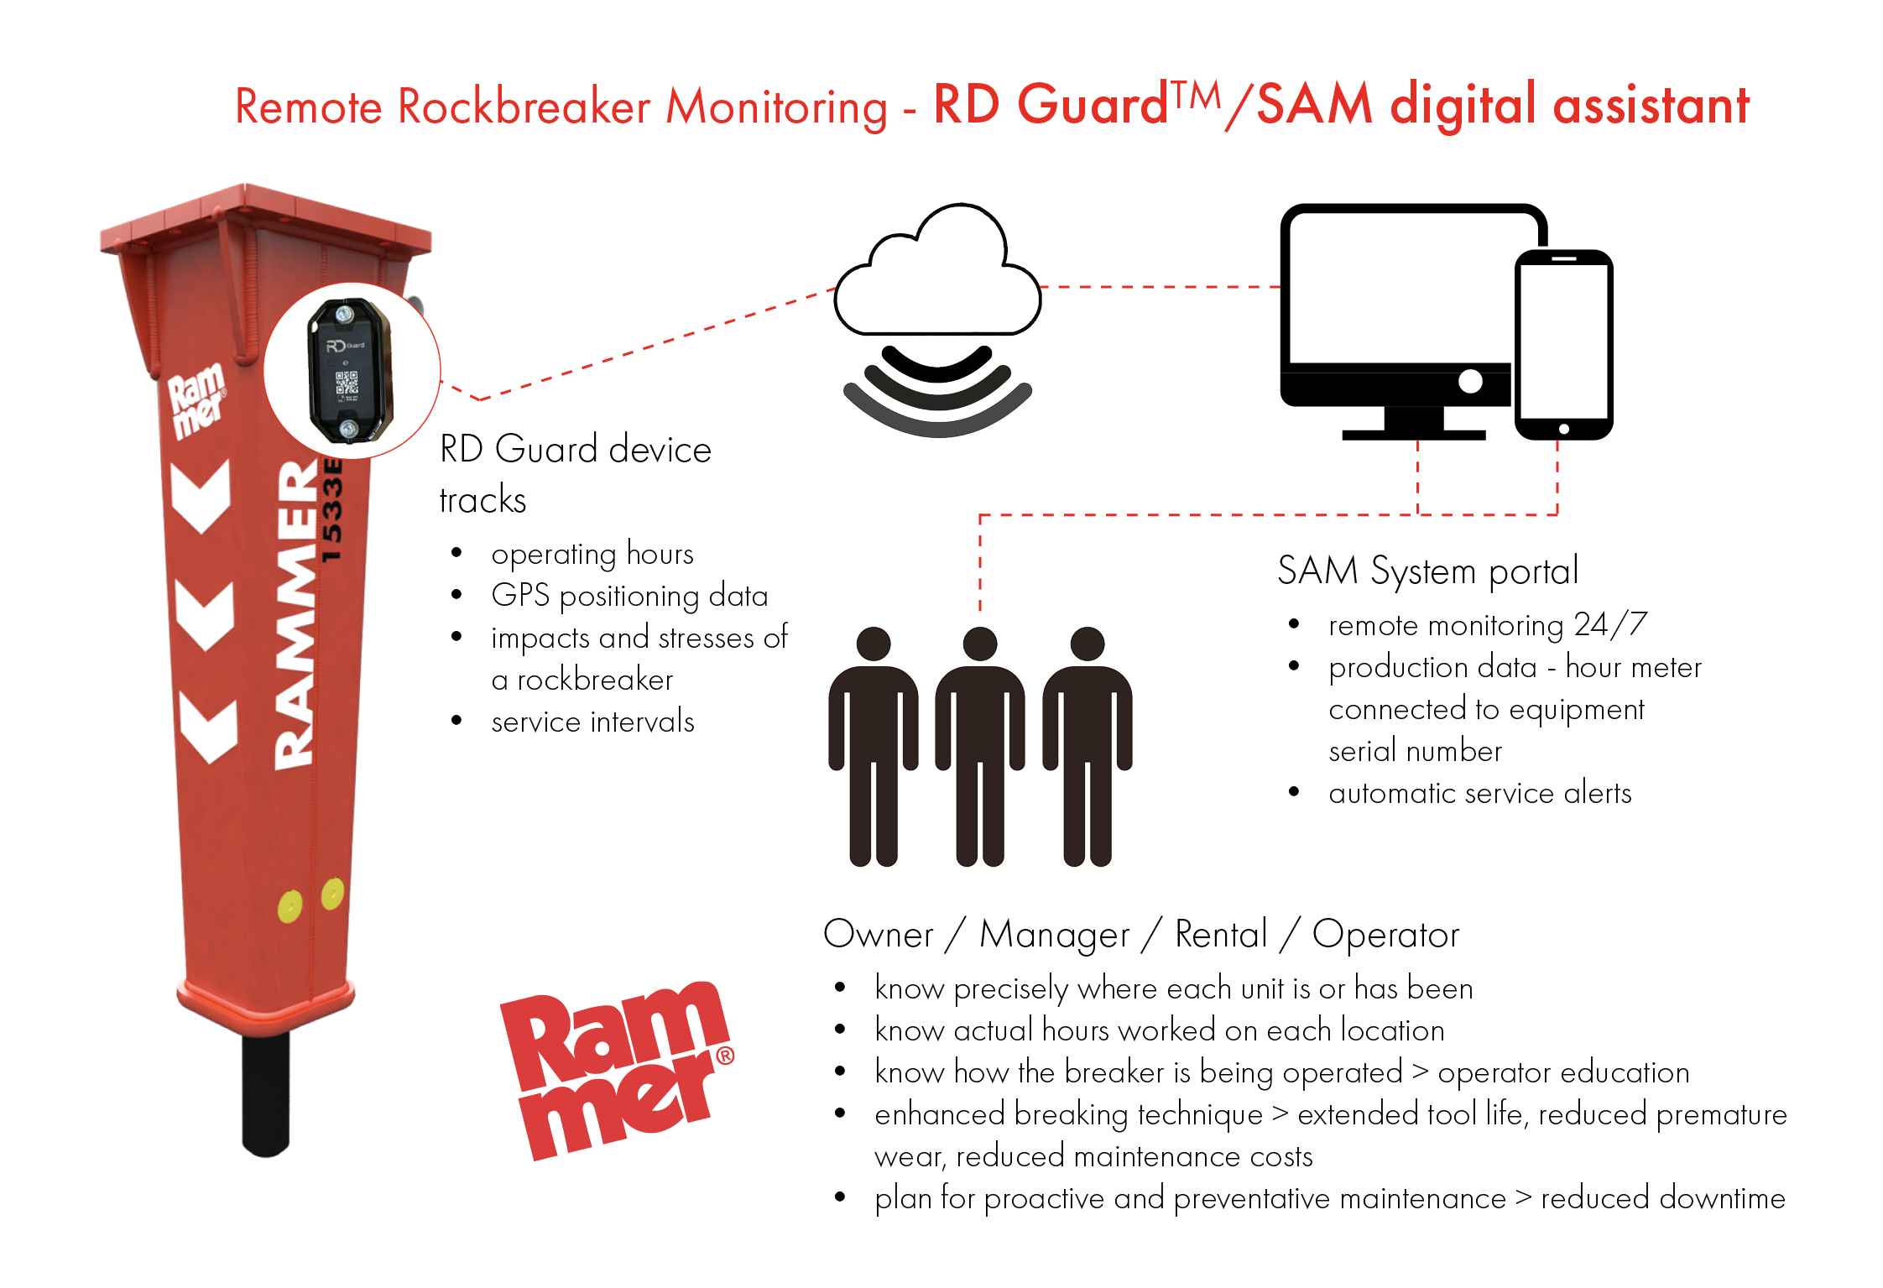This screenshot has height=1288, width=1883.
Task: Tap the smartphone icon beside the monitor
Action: tap(1563, 345)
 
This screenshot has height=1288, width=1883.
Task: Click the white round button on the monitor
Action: tap(1470, 382)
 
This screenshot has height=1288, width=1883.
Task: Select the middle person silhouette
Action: tap(980, 746)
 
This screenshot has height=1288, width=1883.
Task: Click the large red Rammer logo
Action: tap(617, 1070)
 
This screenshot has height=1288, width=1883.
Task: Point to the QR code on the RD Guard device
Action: tap(347, 383)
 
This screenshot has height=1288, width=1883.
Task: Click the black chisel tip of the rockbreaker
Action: tap(266, 1095)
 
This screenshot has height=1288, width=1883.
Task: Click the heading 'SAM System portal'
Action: tap(1427, 571)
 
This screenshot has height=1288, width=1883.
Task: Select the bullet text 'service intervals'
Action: tap(592, 722)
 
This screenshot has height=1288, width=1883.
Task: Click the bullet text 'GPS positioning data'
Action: tap(629, 596)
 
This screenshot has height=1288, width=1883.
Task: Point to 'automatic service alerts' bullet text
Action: tap(1480, 793)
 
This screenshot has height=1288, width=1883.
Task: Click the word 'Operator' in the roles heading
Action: tap(1385, 935)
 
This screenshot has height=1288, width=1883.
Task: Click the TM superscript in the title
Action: tap(1196, 96)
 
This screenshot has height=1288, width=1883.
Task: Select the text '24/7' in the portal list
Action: tap(1610, 624)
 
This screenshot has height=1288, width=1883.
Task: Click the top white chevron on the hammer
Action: tap(201, 495)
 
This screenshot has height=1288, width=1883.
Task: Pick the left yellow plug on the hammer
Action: tap(289, 906)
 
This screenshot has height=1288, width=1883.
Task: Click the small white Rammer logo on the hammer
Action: tap(197, 400)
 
